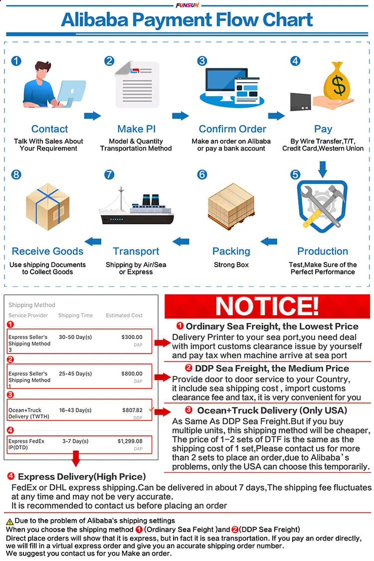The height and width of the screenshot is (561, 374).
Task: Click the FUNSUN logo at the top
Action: (187, 5)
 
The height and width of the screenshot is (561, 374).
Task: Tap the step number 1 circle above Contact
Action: (16, 61)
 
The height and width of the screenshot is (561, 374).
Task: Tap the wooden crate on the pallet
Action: (231, 206)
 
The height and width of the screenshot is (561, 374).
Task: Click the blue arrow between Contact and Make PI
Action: (92, 116)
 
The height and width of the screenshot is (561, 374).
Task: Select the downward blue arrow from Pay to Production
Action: (323, 169)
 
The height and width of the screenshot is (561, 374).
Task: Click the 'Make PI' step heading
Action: (137, 129)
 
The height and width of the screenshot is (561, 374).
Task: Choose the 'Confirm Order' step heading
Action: (232, 129)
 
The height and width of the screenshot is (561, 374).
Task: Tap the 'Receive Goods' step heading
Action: (47, 251)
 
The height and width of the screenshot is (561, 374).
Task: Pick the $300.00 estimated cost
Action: (132, 337)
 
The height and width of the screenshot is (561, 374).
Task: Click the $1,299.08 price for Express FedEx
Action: (130, 441)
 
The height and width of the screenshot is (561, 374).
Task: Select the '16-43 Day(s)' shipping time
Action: (75, 410)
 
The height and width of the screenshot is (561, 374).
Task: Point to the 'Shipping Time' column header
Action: (75, 315)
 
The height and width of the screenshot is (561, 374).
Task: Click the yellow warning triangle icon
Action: (9, 521)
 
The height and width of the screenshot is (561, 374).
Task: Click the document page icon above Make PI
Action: (137, 82)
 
